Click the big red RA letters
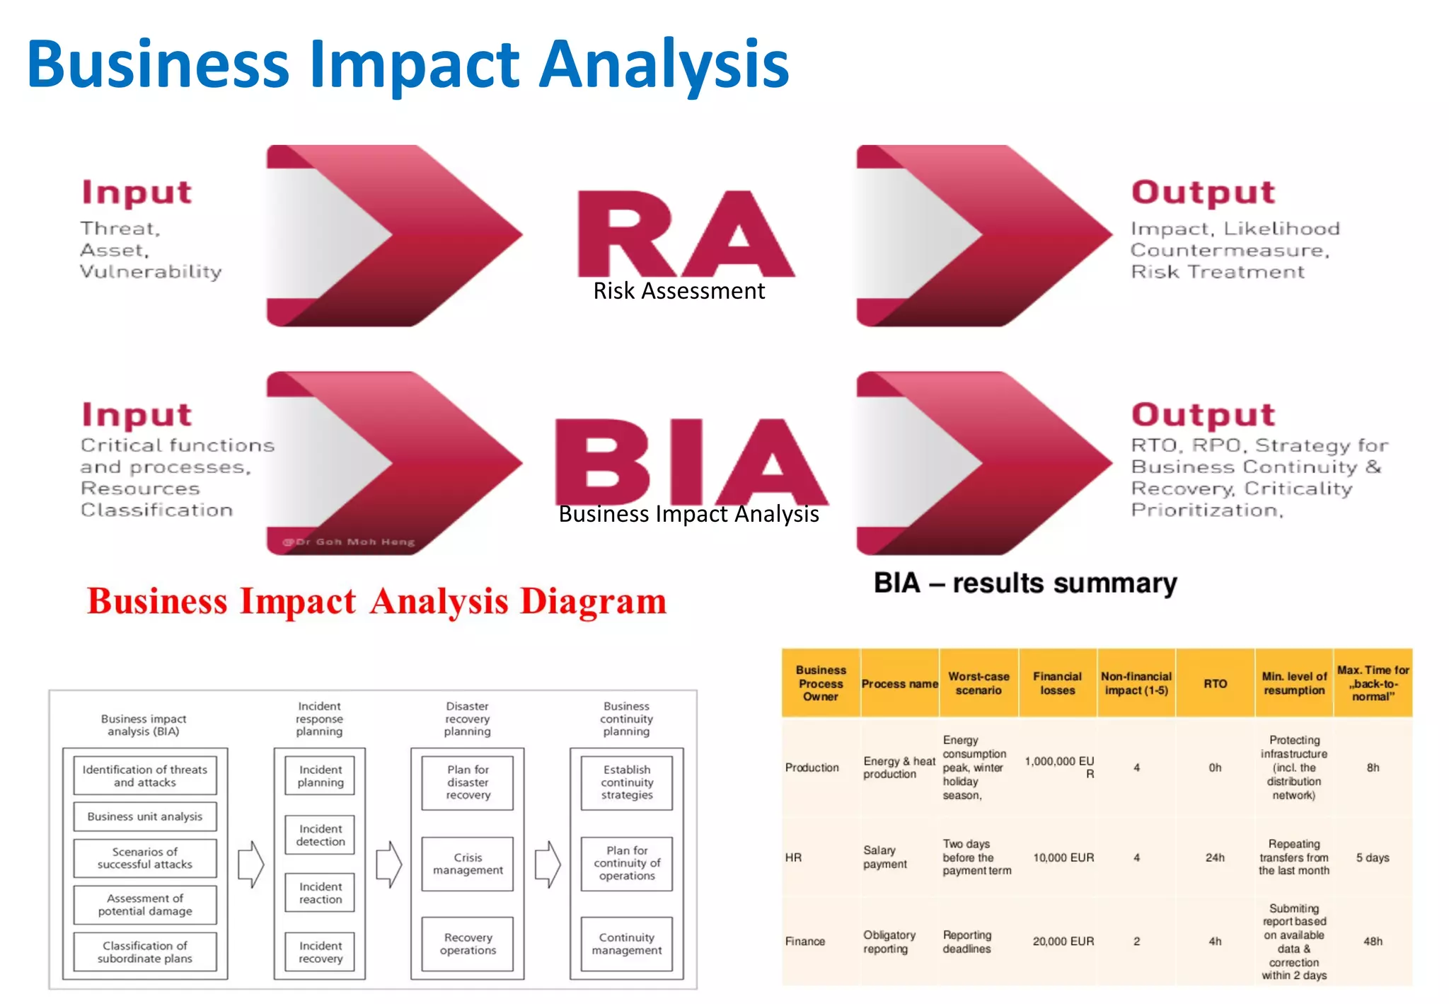tap(685, 234)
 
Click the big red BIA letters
tap(690, 462)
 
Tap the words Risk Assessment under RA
tap(679, 291)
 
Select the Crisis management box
tap(468, 864)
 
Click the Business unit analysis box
tap(145, 816)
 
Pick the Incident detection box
tap(321, 835)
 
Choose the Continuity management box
tap(627, 944)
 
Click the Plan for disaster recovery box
tap(468, 782)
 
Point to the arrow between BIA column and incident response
tap(250, 865)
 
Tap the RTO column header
tap(1215, 684)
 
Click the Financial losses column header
tap(1057, 684)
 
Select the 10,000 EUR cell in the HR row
tap(1063, 858)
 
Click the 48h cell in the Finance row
tap(1373, 942)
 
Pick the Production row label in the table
tap(812, 768)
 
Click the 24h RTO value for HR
tap(1215, 858)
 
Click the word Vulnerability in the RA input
tap(151, 272)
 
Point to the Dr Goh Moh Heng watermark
tap(349, 542)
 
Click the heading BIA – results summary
tap(1025, 583)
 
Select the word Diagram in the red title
tap(593, 602)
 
